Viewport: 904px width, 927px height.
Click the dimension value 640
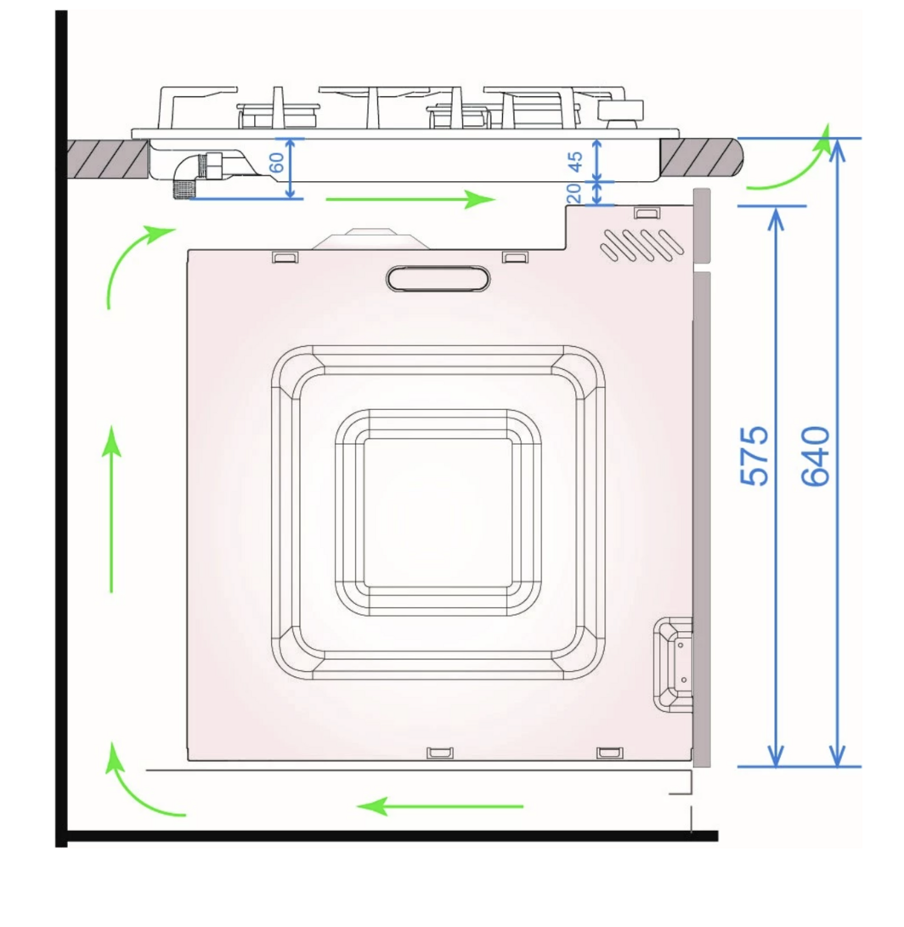coord(816,456)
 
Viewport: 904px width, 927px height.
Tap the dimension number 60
coord(276,162)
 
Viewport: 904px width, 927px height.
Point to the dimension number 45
coord(575,162)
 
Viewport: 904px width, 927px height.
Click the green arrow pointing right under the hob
coord(410,199)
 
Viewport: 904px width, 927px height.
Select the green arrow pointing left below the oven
coord(440,805)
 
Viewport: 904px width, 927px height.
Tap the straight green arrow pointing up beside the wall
coord(111,509)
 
